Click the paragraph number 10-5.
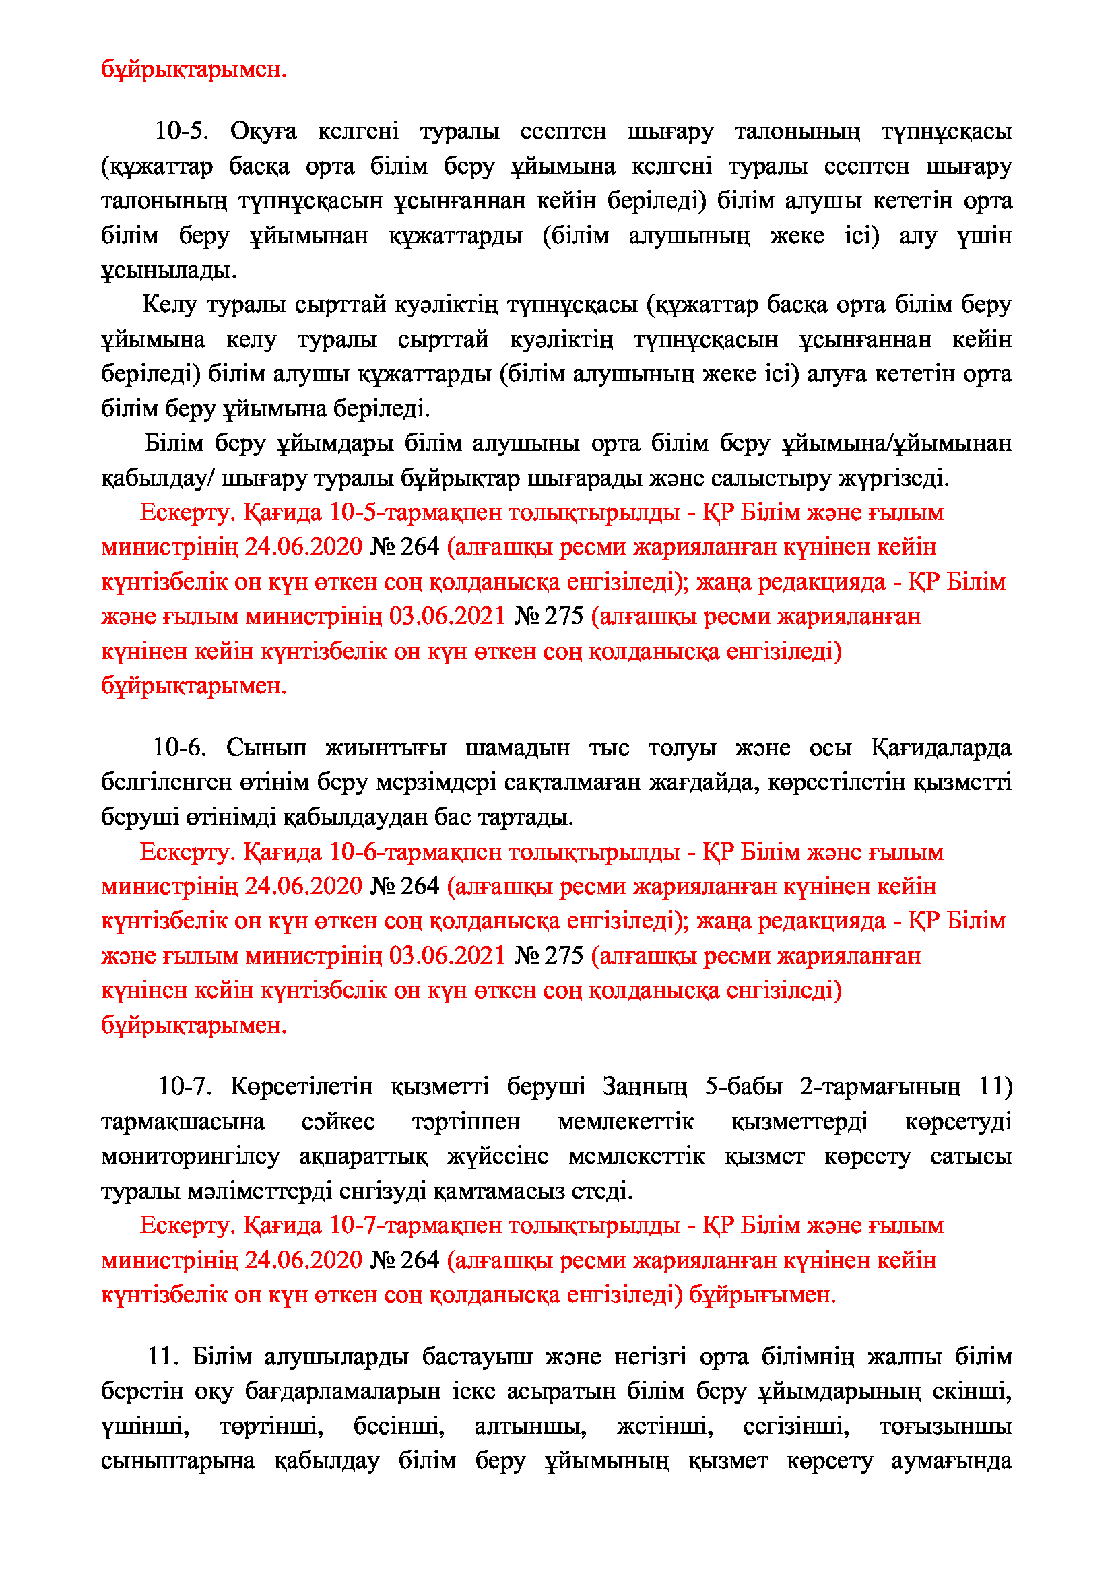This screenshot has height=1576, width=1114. (x=182, y=131)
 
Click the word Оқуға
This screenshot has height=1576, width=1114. (x=263, y=131)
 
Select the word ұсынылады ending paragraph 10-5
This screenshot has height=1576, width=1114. (x=169, y=270)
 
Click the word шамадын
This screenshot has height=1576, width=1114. (x=517, y=747)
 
